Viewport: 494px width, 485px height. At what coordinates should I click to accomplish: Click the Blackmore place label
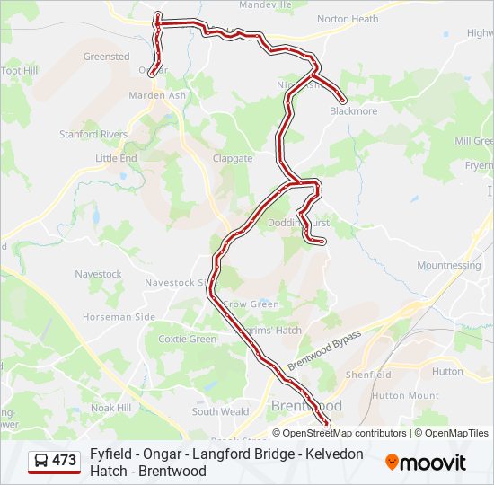point(353,111)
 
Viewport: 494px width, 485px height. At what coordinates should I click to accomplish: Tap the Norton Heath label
point(348,19)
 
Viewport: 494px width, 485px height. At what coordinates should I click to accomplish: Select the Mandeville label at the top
point(267,4)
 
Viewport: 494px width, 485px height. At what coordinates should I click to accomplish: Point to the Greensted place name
point(106,57)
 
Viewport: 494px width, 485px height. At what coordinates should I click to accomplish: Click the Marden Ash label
point(157,95)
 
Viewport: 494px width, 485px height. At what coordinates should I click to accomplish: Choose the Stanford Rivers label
point(93,135)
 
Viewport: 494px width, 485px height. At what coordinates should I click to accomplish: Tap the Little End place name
point(116,158)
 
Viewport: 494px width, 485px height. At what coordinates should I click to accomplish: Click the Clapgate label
point(233,159)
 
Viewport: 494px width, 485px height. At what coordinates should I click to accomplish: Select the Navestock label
point(98,274)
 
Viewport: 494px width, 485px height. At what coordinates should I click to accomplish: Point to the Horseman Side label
point(119,317)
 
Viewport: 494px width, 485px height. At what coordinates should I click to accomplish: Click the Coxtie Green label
point(187,339)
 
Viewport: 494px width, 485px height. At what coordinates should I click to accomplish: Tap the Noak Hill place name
point(110,408)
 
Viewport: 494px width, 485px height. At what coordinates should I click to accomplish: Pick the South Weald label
point(220,412)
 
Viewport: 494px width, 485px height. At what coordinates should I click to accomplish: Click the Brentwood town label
point(306,406)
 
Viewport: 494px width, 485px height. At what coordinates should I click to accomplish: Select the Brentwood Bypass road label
point(324,350)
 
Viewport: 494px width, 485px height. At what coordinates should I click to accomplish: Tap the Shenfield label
point(368,375)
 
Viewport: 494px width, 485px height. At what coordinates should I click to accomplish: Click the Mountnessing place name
point(448,266)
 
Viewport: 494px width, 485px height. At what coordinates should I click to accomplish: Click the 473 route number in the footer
point(64,461)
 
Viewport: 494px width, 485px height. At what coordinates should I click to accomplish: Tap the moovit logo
point(426,463)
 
